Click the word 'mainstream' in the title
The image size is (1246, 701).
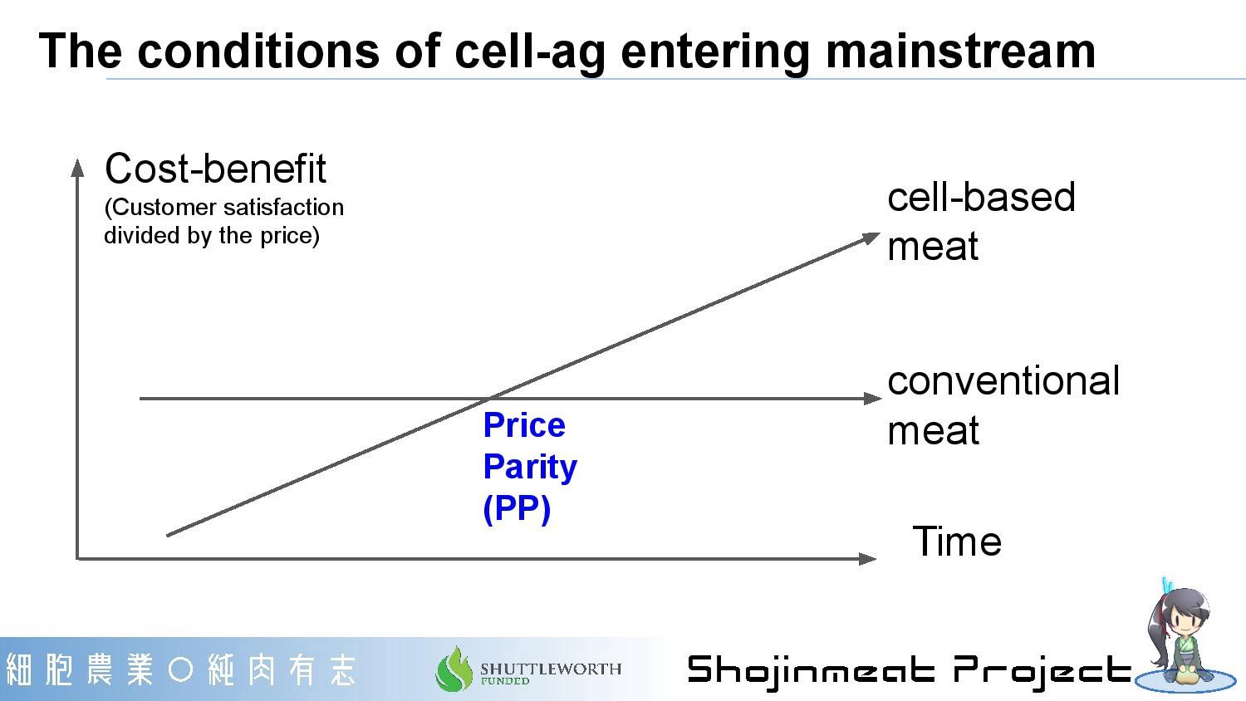coord(960,51)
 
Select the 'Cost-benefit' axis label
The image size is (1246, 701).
coord(215,169)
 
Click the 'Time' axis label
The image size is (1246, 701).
coord(957,541)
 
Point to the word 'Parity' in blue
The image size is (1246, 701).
coord(530,468)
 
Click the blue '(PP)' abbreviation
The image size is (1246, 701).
coord(517,508)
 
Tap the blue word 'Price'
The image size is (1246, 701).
coord(524,425)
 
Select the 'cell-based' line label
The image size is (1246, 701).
coord(981,197)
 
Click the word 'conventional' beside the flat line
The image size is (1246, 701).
coord(1003,381)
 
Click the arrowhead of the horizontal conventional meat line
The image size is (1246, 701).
coord(873,399)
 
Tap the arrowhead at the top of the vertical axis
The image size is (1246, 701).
coord(77,168)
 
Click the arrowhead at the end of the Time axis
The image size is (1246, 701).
coord(867,559)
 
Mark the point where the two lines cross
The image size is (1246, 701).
coord(489,399)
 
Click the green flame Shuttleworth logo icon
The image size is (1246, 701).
coord(454,669)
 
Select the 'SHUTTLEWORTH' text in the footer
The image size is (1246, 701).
coord(551,668)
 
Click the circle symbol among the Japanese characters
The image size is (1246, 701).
coord(180,669)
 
